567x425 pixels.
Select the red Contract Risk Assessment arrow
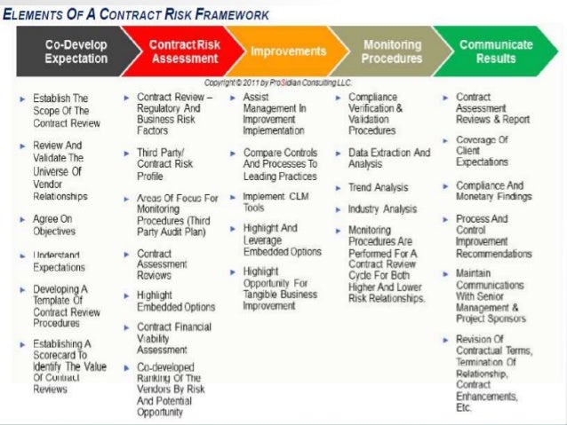click(183, 51)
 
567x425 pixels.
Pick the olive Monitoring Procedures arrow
click(392, 51)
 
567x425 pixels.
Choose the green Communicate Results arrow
click(496, 51)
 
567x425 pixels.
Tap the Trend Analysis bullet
click(378, 188)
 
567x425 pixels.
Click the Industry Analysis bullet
click(382, 209)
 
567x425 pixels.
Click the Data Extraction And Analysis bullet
click(388, 158)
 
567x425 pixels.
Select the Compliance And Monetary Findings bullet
click(489, 192)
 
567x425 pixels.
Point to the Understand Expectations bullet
click(59, 261)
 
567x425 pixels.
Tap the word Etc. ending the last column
click(463, 408)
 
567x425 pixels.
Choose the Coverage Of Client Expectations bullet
click(482, 151)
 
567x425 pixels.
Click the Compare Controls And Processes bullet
click(280, 163)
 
